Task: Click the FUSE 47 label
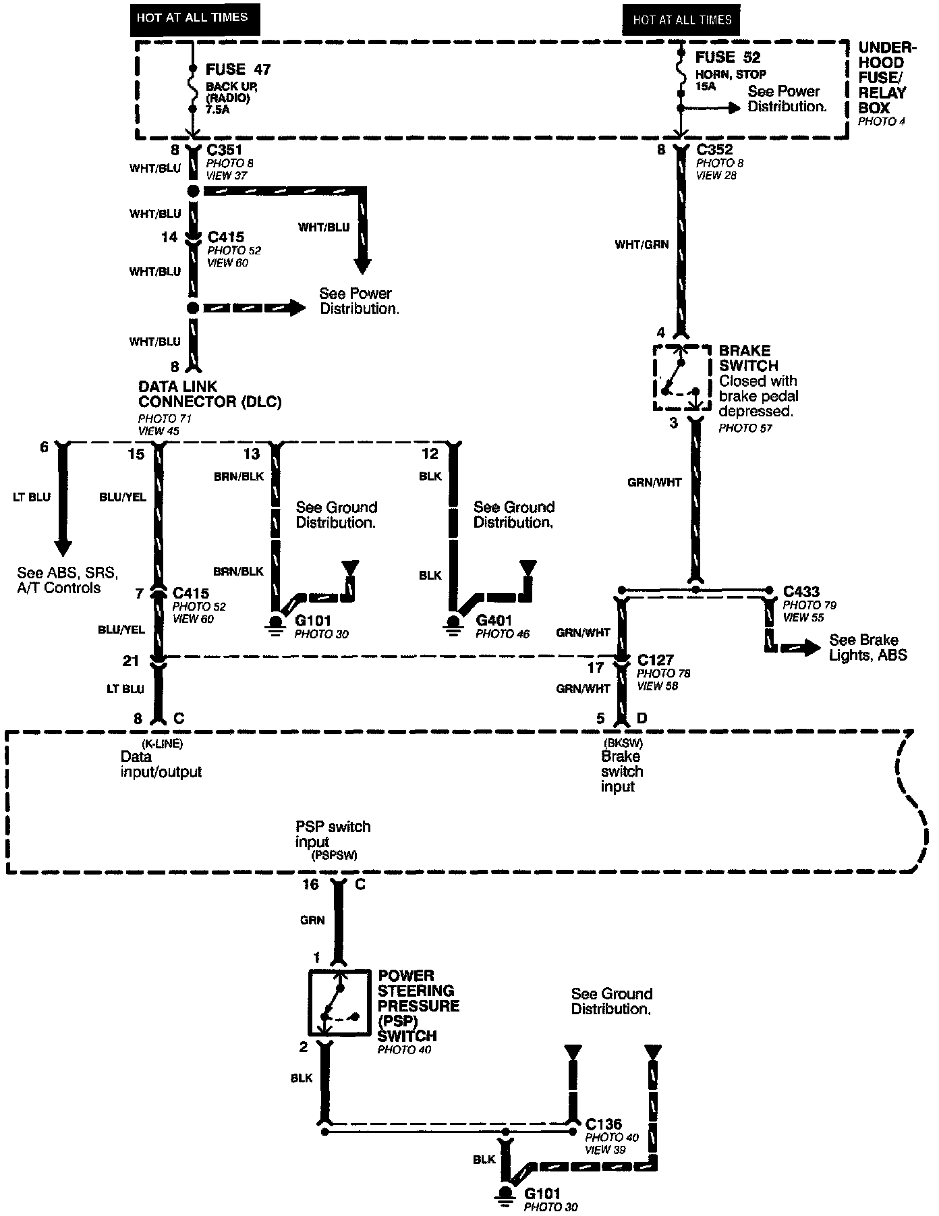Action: click(x=237, y=70)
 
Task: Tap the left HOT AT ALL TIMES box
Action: click(x=192, y=18)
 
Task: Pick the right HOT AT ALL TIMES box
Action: click(x=681, y=20)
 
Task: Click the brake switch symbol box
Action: click(x=681, y=378)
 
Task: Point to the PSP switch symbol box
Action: click(x=339, y=1003)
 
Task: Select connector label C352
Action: click(x=714, y=150)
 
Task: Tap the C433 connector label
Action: click(x=801, y=592)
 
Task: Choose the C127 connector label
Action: click(x=656, y=660)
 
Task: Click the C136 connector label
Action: click(x=604, y=1125)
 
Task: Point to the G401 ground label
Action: click(x=494, y=621)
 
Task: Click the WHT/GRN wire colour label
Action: click(x=642, y=244)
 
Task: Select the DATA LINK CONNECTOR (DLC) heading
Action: click(x=209, y=394)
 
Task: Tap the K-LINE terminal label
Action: click(x=162, y=744)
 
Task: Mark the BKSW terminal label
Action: click(x=622, y=744)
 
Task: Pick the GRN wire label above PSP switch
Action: click(x=312, y=920)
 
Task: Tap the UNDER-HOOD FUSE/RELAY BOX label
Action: click(x=886, y=78)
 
